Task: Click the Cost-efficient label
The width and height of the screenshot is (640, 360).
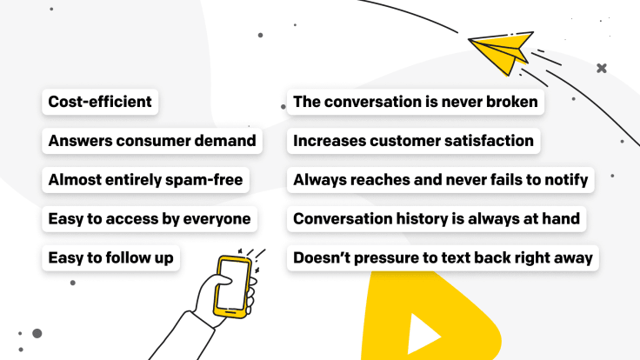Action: pos(100,102)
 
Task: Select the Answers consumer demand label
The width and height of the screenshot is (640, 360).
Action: pos(152,141)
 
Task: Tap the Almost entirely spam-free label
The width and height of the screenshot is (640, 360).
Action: pos(146,180)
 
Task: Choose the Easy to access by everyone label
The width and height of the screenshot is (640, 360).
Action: pos(150,219)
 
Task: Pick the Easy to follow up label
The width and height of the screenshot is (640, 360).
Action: pos(111,258)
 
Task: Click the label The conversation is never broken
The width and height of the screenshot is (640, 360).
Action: pos(416,102)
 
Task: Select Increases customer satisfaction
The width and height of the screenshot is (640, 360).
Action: pos(413,141)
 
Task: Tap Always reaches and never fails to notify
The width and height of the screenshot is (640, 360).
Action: pos(440,180)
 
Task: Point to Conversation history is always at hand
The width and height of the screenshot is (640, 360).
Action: pos(437,219)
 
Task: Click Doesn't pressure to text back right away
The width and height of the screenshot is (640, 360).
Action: pos(443,258)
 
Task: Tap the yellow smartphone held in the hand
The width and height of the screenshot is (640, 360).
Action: pos(231,287)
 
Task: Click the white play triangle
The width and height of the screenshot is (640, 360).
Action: pos(423,335)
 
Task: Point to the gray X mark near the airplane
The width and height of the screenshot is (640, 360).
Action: pos(601,68)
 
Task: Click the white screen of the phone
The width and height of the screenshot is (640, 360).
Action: pos(232,284)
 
